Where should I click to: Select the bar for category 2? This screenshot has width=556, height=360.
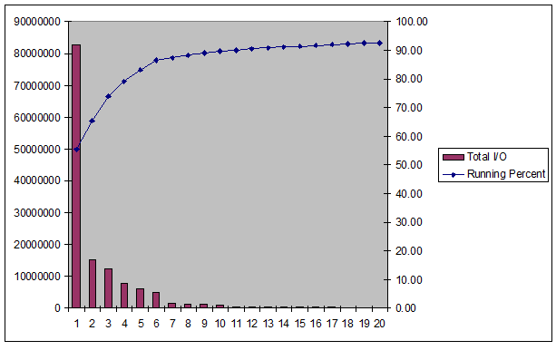(93, 284)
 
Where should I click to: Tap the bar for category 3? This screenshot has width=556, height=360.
(108, 288)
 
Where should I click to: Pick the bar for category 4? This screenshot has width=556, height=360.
(124, 296)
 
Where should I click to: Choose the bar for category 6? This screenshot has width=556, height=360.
(156, 300)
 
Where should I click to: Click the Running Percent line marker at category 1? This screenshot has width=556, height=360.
(76, 149)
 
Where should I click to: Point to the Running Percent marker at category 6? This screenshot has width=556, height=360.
(156, 60)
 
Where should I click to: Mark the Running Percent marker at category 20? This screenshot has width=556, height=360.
(379, 43)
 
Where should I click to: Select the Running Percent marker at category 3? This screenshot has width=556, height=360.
(108, 95)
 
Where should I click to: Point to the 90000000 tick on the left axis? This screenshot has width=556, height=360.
(36, 22)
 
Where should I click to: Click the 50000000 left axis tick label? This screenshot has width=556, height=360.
(36, 149)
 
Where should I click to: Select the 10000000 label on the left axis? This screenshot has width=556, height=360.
(36, 277)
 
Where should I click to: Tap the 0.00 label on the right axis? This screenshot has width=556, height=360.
(405, 308)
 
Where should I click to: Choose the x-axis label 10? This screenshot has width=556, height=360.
(219, 323)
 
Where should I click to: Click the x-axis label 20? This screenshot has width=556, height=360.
(379, 323)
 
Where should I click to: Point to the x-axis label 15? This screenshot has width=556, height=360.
(299, 323)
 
